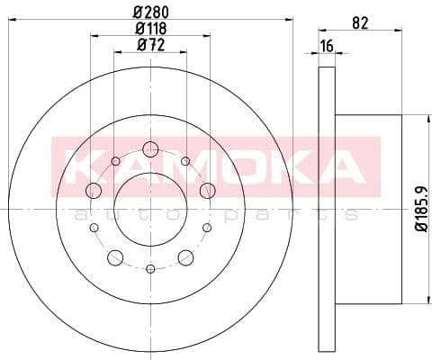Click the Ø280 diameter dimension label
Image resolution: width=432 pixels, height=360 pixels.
[x=149, y=13]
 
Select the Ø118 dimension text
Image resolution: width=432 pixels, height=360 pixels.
[x=149, y=30]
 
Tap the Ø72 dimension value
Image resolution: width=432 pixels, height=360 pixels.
[x=149, y=47]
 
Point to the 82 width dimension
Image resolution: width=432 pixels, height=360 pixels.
[x=361, y=24]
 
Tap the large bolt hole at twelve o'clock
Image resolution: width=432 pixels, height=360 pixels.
[x=150, y=149]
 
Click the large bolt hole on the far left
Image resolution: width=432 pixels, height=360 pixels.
[x=94, y=190]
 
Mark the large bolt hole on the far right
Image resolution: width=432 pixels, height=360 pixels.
[x=207, y=190]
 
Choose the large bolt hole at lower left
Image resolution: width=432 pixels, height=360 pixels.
[x=114, y=258]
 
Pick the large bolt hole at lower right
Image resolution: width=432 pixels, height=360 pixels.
[x=186, y=258]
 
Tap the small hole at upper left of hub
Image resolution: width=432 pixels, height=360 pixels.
[x=116, y=161]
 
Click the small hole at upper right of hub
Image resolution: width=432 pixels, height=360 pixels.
[x=184, y=161]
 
